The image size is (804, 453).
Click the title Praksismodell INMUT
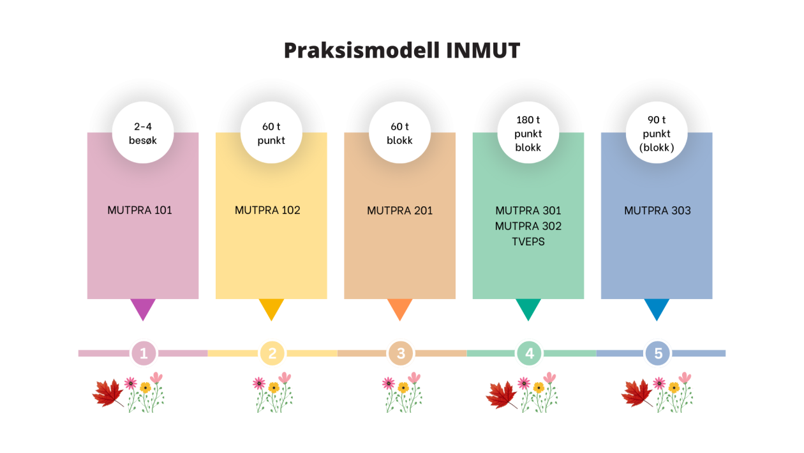click(x=402, y=50)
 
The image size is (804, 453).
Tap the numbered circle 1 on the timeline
click(x=144, y=353)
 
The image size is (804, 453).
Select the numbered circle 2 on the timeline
click(x=272, y=353)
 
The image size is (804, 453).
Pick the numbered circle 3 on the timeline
click(x=401, y=353)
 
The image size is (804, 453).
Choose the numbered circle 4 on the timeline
click(x=530, y=353)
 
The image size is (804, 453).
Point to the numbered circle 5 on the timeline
click(x=658, y=353)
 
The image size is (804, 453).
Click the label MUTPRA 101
click(x=140, y=210)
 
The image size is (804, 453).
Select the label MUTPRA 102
click(x=267, y=210)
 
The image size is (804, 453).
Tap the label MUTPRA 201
click(x=399, y=210)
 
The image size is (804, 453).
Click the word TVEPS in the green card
click(x=528, y=242)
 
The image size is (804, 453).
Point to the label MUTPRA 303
click(x=657, y=210)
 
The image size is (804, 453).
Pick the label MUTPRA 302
click(x=528, y=226)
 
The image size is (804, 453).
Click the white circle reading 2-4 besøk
click(x=143, y=133)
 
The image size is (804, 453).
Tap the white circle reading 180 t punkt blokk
click(x=528, y=134)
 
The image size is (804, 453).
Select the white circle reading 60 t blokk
click(x=399, y=134)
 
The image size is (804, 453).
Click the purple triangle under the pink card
click(x=142, y=308)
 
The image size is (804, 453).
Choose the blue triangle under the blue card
click(x=657, y=308)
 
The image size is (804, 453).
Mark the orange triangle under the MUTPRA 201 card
click(x=399, y=308)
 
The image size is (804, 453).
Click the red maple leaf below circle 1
click(x=108, y=393)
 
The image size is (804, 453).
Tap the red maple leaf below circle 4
click(x=502, y=394)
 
